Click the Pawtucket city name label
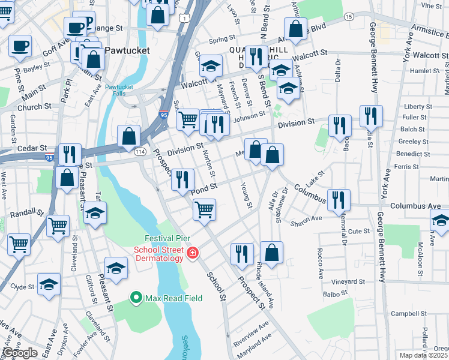[x=127, y=50]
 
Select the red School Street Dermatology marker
[x=192, y=254]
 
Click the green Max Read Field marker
[x=136, y=297]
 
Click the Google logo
[x=20, y=353]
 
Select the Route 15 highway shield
[x=349, y=17]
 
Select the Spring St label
[x=221, y=41]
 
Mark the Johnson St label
[x=249, y=115]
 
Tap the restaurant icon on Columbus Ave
[x=339, y=200]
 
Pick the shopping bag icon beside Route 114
[x=129, y=137]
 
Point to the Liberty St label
[x=418, y=107]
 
